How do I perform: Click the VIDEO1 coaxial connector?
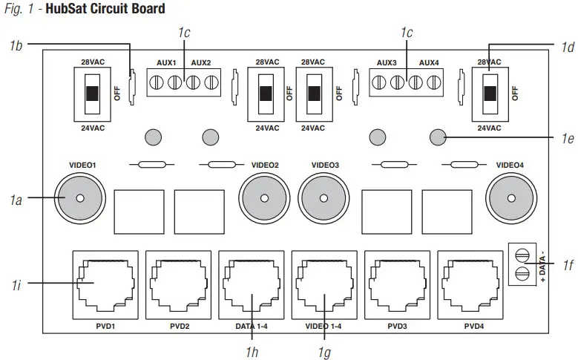coord(79,197)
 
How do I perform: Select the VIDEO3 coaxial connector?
coord(324,197)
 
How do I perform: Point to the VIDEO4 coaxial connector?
coord(510,197)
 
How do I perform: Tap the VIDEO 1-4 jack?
coord(324,285)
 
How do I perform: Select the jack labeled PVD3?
coord(396,285)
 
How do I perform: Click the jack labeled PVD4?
coord(470,285)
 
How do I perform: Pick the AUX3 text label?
coord(387,63)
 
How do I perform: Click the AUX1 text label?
coord(165,63)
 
